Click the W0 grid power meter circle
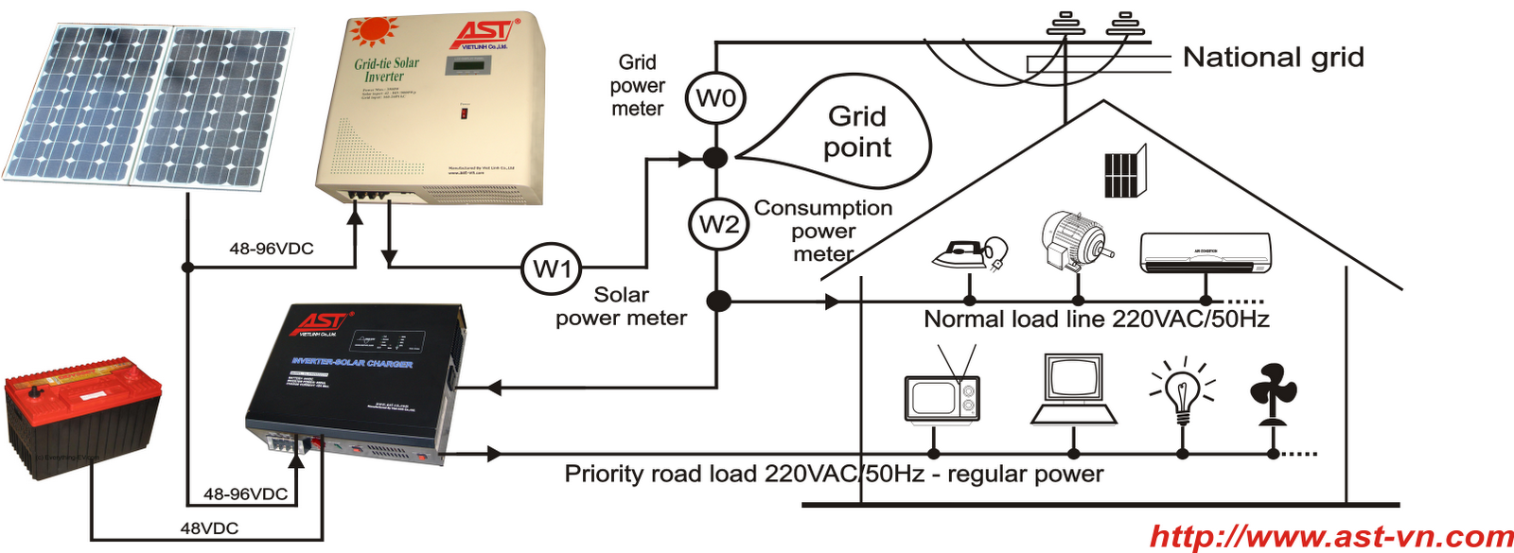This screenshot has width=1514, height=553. tap(715, 98)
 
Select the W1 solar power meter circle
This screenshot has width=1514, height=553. tap(552, 269)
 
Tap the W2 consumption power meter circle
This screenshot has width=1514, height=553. tap(718, 224)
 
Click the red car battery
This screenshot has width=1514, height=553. tap(83, 411)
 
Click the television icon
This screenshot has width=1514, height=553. tap(942, 392)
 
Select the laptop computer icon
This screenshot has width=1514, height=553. tap(1073, 390)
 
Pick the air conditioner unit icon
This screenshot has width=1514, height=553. tap(1206, 253)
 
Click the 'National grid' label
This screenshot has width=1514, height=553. tap(1273, 58)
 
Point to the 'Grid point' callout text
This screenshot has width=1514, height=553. tap(856, 131)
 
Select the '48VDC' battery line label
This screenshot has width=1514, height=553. tap(209, 528)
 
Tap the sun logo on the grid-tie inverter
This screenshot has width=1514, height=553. tap(371, 30)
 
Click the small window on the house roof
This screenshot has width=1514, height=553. tap(1124, 172)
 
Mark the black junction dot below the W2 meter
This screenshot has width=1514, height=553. tap(719, 302)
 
